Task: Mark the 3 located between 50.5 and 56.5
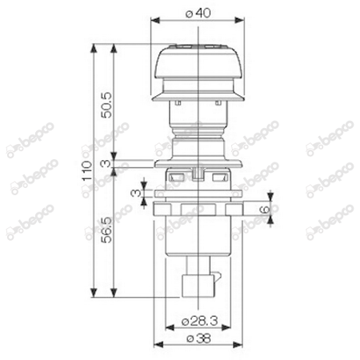coord(107,165)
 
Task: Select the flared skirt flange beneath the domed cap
coord(195,94)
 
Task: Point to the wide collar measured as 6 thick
coord(196,210)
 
